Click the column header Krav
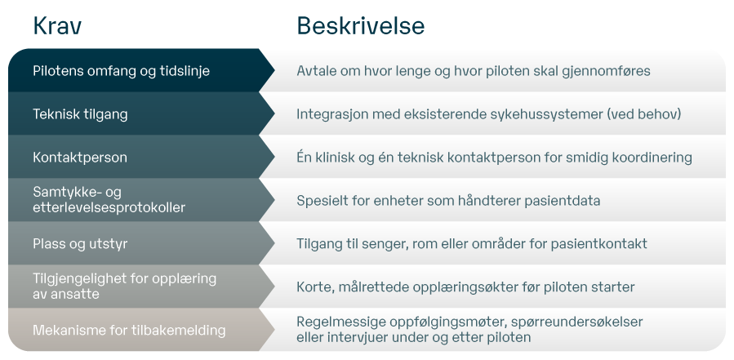pos(57,26)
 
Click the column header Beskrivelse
pos(360,26)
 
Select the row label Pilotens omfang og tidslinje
pos(121,71)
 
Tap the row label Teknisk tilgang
pos(80,114)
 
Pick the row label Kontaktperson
pos(80,158)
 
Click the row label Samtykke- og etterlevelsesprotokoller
pos(109,200)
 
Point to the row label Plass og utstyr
pos(80,244)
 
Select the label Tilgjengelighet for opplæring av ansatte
pos(124,286)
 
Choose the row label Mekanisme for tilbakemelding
pos(117,331)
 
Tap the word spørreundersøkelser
pos(578,322)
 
